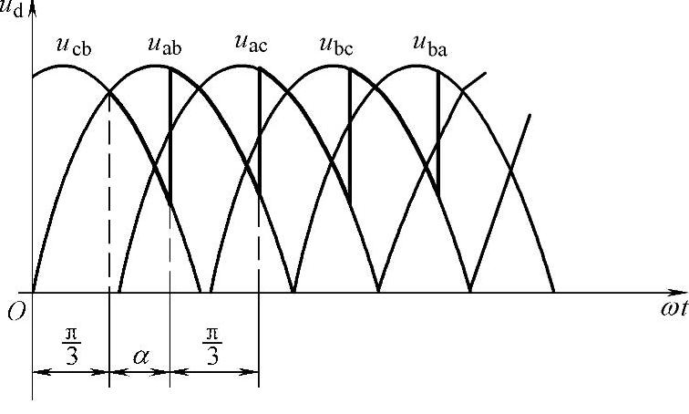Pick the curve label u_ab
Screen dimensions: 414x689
coord(164,45)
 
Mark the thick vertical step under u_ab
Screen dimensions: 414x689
coord(170,137)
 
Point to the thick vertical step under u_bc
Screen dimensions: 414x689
coord(350,137)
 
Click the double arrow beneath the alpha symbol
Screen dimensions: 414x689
coord(139,372)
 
